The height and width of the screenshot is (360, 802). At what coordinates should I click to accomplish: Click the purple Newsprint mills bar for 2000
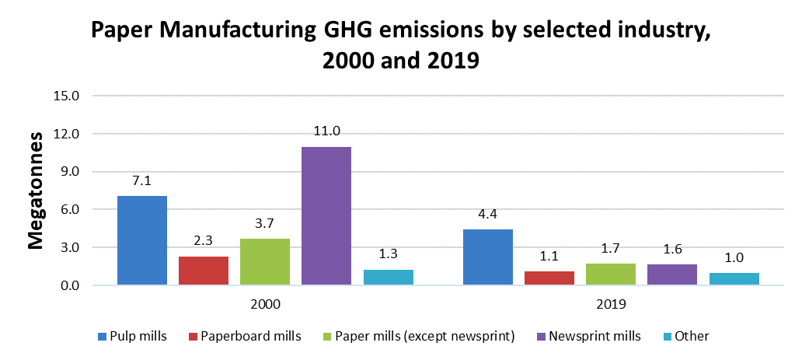tap(326, 216)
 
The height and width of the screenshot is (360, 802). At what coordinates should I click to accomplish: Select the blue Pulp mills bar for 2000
tap(142, 240)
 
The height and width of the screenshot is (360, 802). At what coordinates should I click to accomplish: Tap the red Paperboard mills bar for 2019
tap(549, 278)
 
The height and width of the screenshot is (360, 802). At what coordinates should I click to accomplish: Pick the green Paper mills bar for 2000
tap(265, 262)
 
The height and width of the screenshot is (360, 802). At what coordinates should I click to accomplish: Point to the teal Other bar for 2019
tap(734, 278)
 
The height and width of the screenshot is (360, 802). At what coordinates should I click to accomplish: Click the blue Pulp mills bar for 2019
tap(488, 257)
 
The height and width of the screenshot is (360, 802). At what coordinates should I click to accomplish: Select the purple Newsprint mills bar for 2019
tap(672, 274)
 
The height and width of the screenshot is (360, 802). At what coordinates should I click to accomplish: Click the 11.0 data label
tap(326, 131)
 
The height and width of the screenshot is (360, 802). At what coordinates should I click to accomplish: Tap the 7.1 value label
tap(141, 180)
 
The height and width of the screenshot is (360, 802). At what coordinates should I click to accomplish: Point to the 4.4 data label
tap(487, 215)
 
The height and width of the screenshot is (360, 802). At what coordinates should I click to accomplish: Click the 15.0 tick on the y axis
tap(66, 96)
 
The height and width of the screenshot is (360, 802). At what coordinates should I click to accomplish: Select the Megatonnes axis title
tap(36, 190)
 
